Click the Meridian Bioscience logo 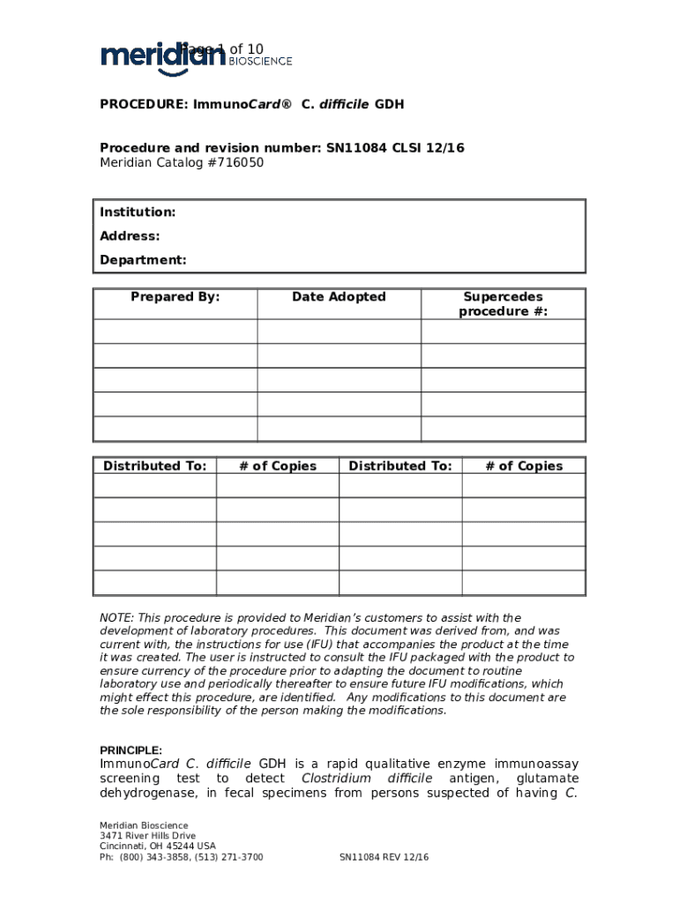tap(196, 56)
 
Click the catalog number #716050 tap(235, 162)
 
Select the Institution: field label tap(138, 213)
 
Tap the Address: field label tap(130, 236)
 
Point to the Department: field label tap(143, 260)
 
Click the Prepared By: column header tap(175, 297)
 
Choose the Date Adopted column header tap(339, 297)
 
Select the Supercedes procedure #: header tap(503, 304)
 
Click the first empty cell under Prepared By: tap(175, 332)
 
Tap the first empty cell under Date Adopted tap(339, 332)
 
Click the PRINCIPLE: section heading tap(131, 750)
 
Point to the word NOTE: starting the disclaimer tap(116, 618)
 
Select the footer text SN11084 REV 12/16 tap(384, 857)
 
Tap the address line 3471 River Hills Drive tap(148, 836)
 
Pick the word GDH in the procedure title tap(389, 105)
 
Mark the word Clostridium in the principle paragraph tap(335, 779)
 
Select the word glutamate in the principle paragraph tap(548, 779)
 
